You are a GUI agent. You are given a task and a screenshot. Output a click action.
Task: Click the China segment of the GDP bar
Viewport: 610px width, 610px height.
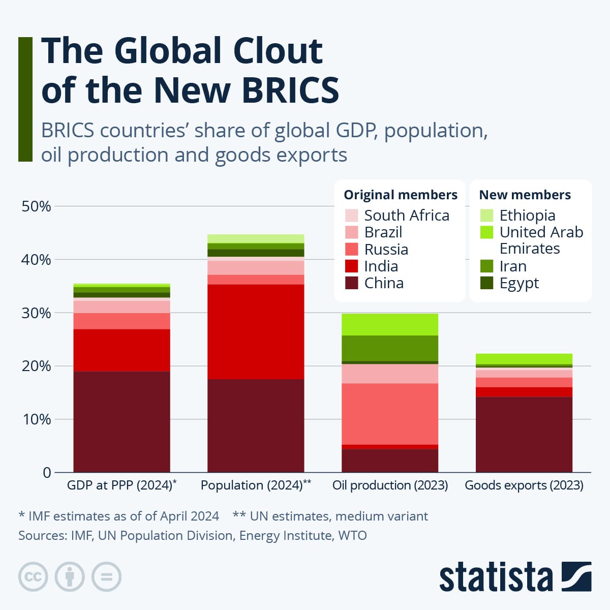point(121,421)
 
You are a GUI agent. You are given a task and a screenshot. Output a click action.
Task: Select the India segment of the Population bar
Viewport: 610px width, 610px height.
point(256,331)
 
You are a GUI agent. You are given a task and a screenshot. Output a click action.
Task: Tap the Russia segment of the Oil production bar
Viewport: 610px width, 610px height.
point(390,413)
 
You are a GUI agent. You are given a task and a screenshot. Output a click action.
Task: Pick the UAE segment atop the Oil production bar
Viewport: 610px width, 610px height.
point(390,324)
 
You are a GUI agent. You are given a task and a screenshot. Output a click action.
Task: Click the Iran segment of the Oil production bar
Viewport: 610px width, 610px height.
point(390,348)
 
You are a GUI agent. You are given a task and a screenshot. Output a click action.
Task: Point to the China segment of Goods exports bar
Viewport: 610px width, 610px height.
point(524,434)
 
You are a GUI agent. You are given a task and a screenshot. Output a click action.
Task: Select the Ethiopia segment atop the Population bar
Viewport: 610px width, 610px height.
point(256,238)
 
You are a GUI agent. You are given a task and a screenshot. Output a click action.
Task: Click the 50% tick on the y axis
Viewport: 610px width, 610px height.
point(36,206)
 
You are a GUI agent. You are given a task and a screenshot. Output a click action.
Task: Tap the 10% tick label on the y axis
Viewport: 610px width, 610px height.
point(36,419)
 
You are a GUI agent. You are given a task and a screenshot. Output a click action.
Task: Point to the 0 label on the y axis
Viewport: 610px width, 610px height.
point(47,473)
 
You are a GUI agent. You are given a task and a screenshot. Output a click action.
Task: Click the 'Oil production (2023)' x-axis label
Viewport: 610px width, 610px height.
point(390,485)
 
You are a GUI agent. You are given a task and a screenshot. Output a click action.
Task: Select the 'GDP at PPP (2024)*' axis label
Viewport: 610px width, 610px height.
point(121,485)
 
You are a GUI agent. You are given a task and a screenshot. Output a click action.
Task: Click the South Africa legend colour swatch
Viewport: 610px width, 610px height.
point(351,216)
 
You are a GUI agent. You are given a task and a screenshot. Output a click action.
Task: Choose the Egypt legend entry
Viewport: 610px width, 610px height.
point(518,283)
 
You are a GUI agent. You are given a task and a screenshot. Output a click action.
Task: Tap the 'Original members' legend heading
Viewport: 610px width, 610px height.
point(401,195)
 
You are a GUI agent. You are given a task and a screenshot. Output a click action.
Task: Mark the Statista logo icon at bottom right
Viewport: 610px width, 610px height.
point(576,576)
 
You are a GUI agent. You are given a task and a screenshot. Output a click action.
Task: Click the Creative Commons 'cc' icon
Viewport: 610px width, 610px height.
point(33,577)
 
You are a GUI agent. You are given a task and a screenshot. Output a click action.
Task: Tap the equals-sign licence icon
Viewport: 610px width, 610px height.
point(106,577)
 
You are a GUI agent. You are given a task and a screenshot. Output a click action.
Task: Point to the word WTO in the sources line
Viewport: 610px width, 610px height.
point(352,535)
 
